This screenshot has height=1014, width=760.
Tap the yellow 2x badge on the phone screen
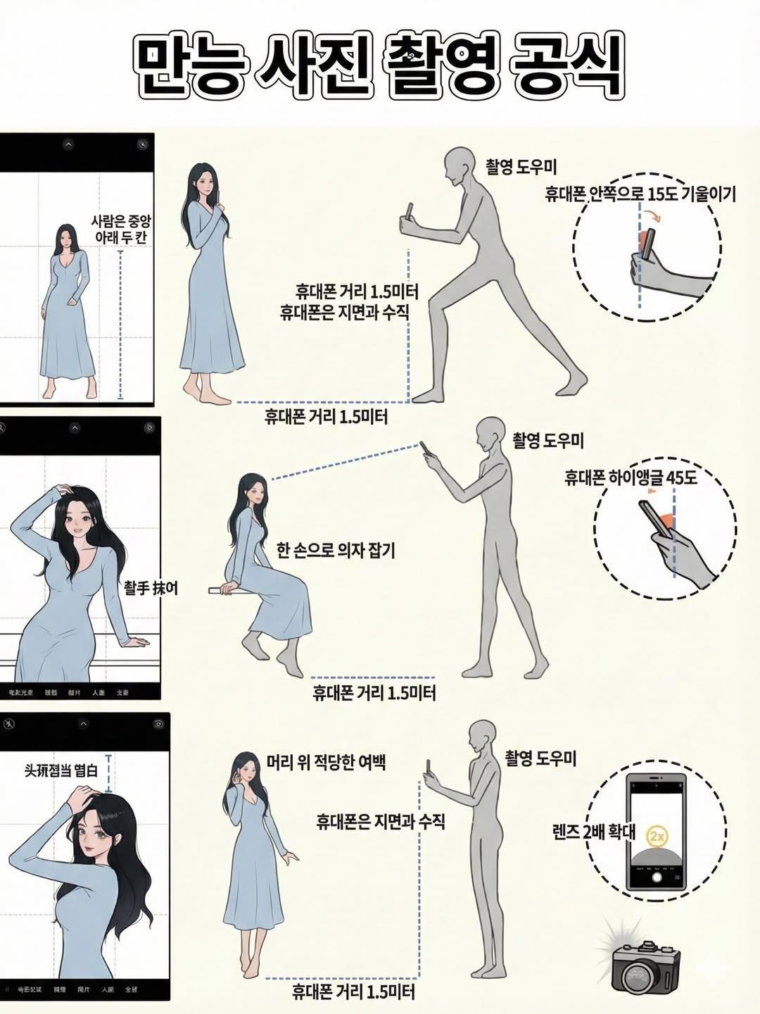(657, 837)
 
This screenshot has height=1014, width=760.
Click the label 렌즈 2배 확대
(595, 832)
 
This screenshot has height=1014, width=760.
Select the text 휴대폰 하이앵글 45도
(631, 478)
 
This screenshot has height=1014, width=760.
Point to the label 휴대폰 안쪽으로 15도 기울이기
(640, 194)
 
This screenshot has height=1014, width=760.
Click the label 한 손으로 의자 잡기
(336, 551)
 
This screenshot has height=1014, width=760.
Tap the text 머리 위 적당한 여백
(327, 762)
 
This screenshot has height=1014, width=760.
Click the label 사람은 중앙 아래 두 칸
(120, 230)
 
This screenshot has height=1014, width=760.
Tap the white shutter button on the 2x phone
(657, 877)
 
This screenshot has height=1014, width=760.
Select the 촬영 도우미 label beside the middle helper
(548, 441)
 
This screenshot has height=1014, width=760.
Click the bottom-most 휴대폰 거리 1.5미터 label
(353, 993)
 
